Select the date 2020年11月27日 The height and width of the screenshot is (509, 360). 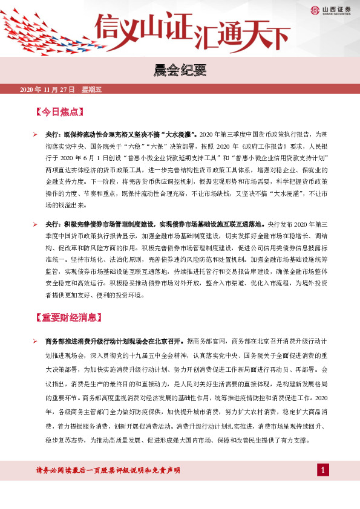point(47,89)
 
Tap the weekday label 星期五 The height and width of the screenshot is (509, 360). point(92,89)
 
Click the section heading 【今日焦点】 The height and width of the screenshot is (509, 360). point(60,112)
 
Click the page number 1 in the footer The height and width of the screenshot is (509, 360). point(324,487)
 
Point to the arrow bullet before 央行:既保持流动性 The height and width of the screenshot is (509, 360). point(36,132)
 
